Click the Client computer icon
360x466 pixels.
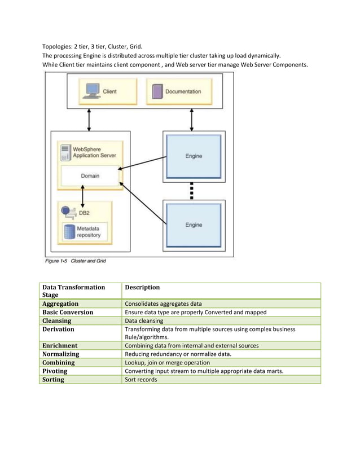point(91,91)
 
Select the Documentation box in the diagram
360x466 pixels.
point(181,91)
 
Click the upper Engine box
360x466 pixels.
point(194,156)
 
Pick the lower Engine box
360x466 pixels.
point(194,225)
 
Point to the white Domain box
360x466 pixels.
point(90,176)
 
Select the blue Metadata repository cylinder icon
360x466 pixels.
point(69,232)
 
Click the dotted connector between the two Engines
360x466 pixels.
point(192,191)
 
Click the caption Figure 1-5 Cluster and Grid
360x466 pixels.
point(75,261)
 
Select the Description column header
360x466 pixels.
point(142,287)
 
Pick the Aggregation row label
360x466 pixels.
point(60,304)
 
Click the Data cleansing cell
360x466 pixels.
point(144,320)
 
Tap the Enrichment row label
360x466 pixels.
point(60,345)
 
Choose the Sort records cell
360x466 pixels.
point(141,380)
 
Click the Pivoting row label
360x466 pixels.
point(55,371)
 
